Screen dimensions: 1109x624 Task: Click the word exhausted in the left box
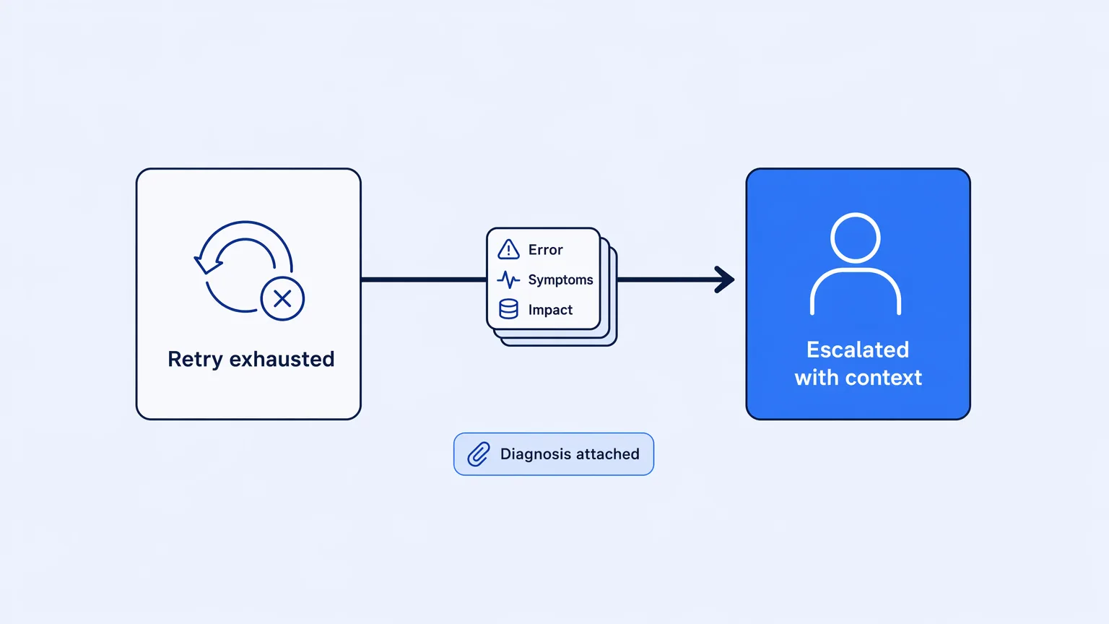[282, 359]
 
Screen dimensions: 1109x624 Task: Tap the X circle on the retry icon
[282, 298]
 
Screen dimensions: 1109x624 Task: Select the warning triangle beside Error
[508, 249]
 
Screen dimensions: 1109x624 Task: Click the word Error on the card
[546, 250]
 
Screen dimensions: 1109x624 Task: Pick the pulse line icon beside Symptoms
[508, 279]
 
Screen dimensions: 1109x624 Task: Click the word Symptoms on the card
[560, 280]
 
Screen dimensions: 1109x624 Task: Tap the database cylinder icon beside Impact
[508, 309]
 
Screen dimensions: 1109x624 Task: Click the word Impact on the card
[550, 310]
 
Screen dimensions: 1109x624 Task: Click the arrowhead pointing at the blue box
[725, 279]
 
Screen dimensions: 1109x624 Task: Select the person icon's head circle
[855, 238]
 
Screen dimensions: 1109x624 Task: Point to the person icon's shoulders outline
[856, 271]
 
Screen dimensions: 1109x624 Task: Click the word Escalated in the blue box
[858, 350]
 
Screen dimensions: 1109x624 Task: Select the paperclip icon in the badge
[479, 454]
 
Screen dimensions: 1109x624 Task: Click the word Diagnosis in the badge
[535, 454]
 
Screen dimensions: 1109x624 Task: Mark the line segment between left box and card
[424, 279]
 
